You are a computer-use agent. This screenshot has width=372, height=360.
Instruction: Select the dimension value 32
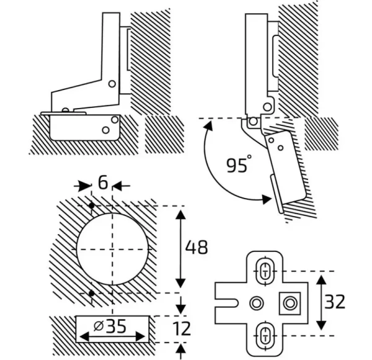[335, 302]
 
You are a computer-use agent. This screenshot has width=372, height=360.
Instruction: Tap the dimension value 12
[182, 327]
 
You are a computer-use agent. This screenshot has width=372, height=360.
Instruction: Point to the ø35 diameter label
[112, 325]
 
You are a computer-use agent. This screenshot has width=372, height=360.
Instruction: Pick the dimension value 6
[102, 184]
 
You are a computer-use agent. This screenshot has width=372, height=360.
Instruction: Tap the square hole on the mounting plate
[289, 304]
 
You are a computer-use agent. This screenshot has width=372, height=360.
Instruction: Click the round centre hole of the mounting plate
[256, 304]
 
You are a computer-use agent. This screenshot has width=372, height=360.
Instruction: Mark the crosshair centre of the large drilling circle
[113, 249]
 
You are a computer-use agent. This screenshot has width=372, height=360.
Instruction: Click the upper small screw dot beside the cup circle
[91, 205]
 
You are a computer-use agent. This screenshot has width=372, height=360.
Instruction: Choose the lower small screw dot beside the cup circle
[91, 292]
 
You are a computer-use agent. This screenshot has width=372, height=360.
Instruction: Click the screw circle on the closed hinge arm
[112, 83]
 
